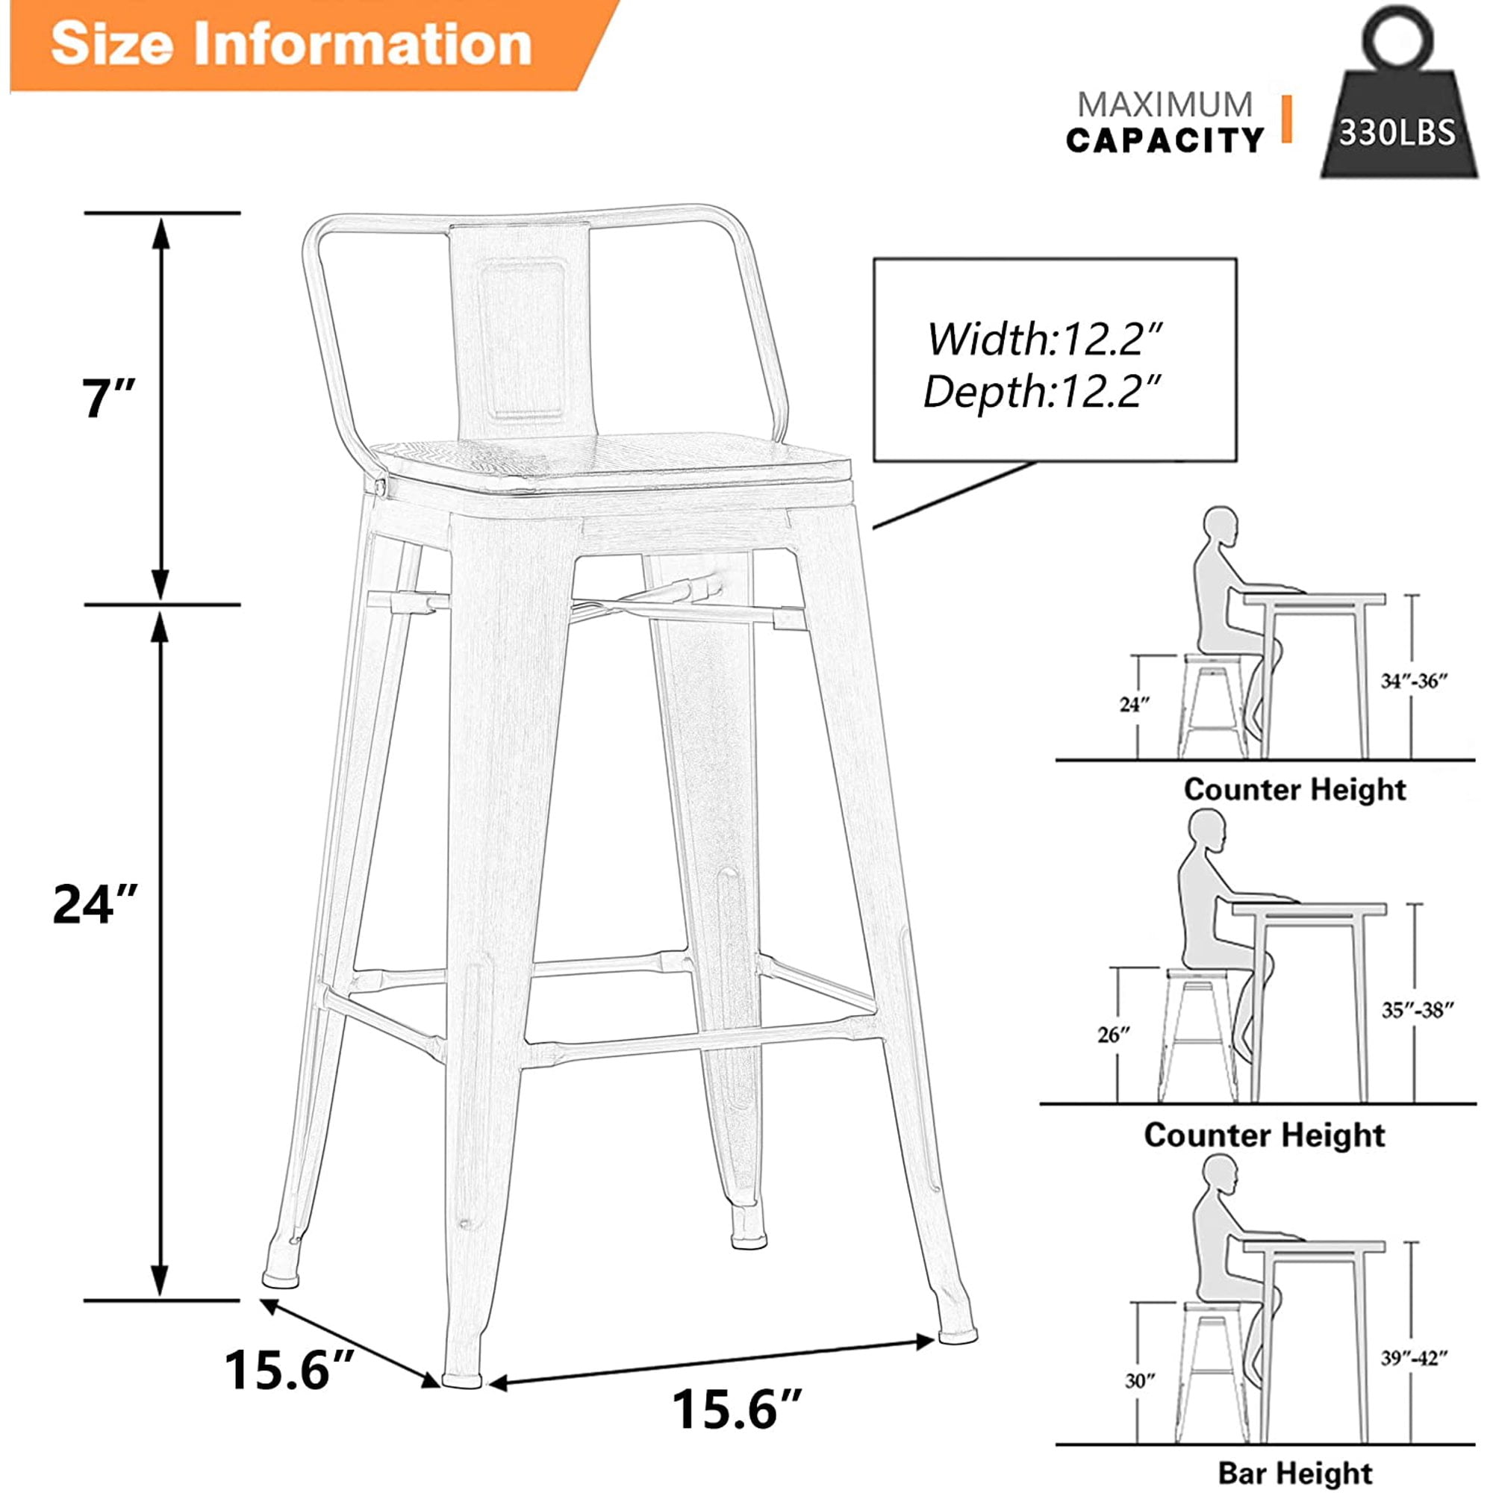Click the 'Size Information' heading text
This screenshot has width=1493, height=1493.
pos(291,43)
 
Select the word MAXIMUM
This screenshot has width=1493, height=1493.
pos(1165,105)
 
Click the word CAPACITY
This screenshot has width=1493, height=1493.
pos(1165,140)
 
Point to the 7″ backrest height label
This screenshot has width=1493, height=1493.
pos(108,399)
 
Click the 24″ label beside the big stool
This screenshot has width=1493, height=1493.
pos(95,903)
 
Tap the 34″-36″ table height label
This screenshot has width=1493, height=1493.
pos(1414,681)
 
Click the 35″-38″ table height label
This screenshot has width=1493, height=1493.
pos(1418,1010)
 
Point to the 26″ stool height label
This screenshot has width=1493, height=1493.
pos(1114,1035)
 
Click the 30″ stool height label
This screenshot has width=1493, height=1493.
pos(1140,1380)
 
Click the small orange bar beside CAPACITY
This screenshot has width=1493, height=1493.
pos(1287,119)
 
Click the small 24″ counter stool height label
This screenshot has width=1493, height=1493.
pos(1135,704)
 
